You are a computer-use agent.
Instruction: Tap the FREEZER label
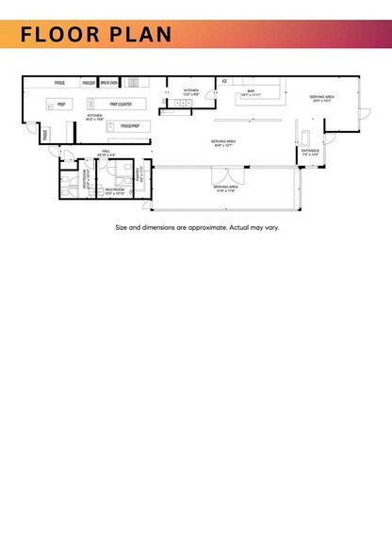point(89,83)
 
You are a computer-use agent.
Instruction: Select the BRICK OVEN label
point(108,83)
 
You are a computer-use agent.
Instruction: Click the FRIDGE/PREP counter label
point(129,124)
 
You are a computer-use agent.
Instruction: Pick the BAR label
point(252,91)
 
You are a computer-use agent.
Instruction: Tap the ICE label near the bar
point(224,82)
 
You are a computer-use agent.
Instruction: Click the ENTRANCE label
point(310,151)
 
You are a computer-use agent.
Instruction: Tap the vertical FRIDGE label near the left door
point(44,136)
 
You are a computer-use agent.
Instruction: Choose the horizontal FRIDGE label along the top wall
point(58,83)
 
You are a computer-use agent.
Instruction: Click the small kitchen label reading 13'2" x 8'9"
point(190,91)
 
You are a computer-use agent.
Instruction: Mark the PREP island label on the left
point(60,104)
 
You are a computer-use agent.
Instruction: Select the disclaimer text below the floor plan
point(196,227)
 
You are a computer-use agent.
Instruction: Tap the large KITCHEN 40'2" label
point(94,117)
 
